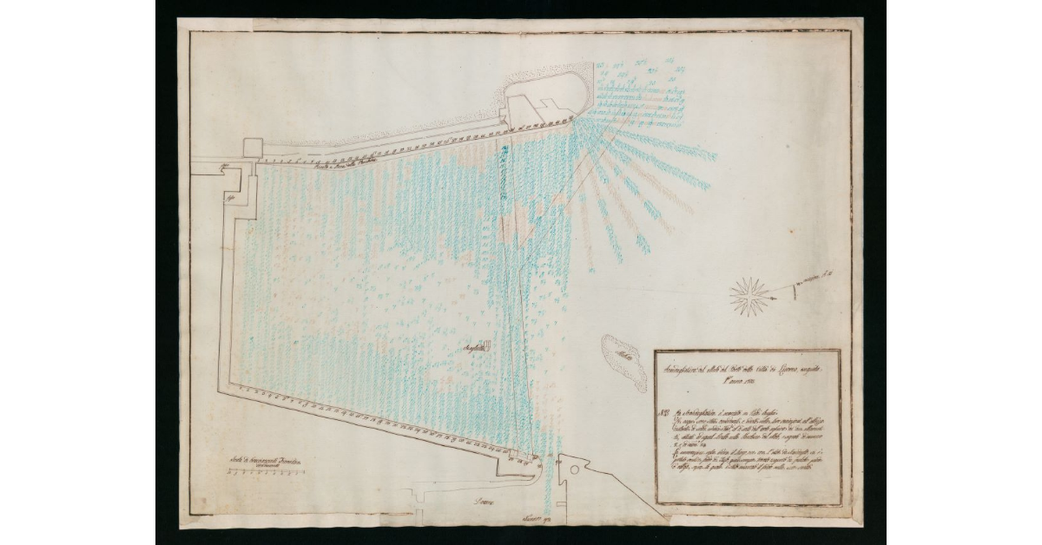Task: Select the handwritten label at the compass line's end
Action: point(828,275)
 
